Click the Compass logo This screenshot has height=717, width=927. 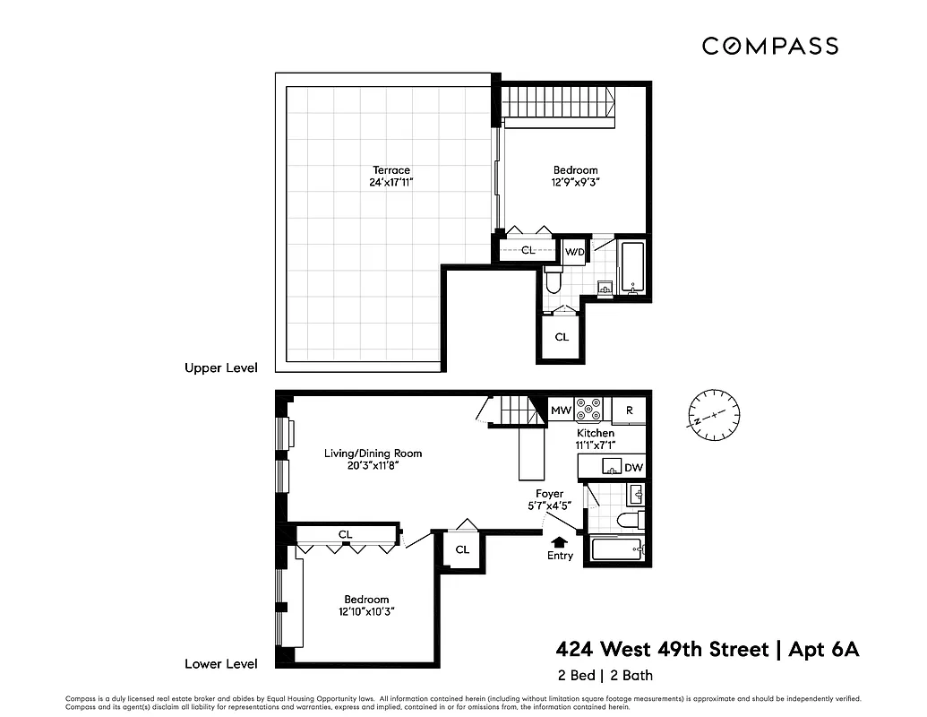click(769, 46)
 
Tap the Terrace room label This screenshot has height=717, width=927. click(391, 170)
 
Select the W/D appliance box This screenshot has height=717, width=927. click(573, 252)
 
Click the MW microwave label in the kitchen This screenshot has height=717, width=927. click(561, 410)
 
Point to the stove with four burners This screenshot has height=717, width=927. click(589, 410)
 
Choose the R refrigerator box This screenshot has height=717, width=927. click(630, 410)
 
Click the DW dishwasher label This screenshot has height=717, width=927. click(632, 467)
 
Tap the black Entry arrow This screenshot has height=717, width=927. click(560, 541)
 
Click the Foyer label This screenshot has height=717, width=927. click(549, 494)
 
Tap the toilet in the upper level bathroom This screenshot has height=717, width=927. click(553, 281)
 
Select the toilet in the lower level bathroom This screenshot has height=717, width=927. click(631, 521)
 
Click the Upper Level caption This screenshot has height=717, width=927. click(220, 368)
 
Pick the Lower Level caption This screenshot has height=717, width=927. click(220, 664)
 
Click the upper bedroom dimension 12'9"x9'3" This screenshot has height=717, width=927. click(575, 183)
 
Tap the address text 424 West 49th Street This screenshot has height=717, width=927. click(662, 650)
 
